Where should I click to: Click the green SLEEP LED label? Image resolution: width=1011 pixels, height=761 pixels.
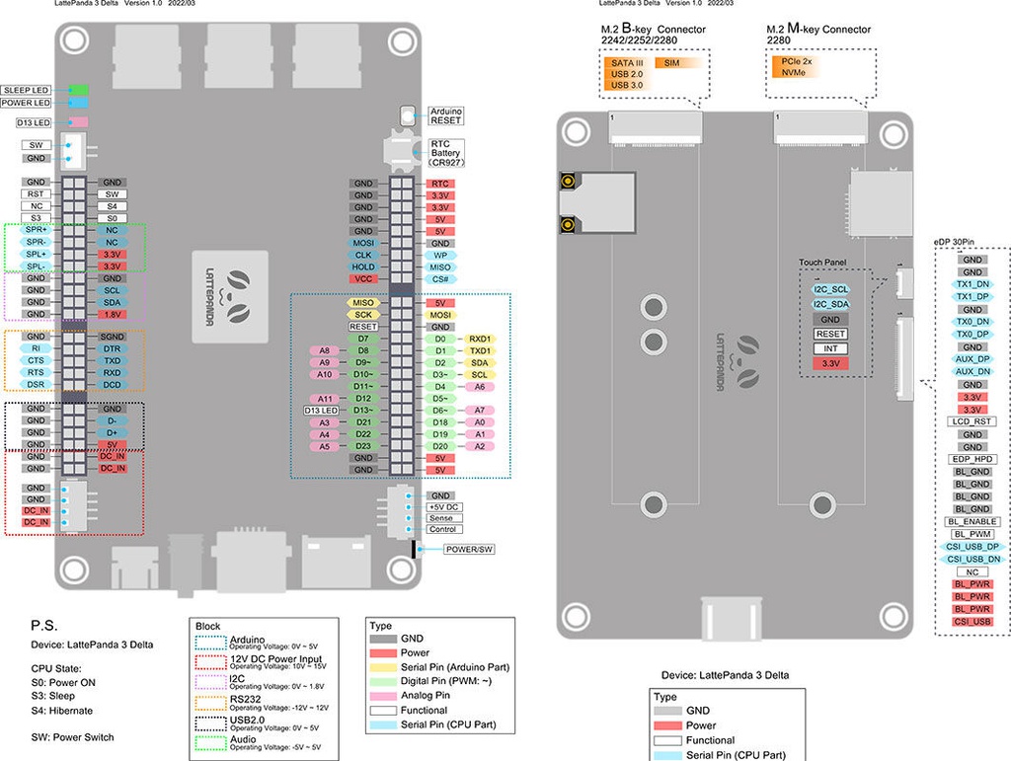(27, 90)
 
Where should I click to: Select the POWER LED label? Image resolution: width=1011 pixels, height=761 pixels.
(27, 103)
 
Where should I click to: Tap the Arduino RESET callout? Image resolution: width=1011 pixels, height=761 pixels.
(446, 115)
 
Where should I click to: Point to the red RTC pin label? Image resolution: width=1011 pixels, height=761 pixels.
(440, 184)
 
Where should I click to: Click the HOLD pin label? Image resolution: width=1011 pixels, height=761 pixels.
(363, 266)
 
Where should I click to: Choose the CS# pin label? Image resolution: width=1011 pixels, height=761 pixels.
(440, 279)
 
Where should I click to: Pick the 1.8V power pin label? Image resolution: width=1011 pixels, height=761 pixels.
(112, 314)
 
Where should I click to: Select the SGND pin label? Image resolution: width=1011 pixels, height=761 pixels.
(112, 337)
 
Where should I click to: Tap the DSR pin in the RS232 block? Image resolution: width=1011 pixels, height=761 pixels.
(37, 384)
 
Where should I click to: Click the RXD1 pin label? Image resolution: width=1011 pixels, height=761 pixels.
(480, 339)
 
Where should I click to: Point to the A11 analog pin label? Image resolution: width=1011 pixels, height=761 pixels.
(325, 398)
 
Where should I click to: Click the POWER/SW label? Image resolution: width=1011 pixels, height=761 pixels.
(468, 549)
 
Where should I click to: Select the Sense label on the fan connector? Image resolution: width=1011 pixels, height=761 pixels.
(441, 517)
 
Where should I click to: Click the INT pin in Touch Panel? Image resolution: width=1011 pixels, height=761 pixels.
(830, 348)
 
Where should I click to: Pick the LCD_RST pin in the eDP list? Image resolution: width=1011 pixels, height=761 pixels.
(972, 421)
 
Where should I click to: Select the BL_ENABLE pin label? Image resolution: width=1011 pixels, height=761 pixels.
(972, 521)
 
